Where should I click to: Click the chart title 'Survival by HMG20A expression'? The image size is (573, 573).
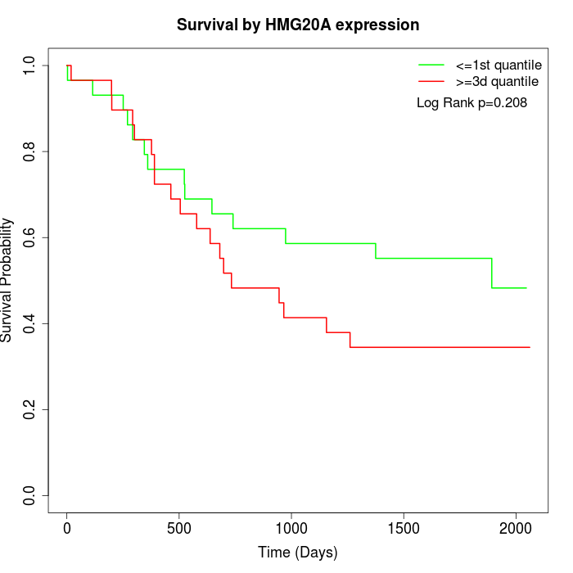[x=298, y=25]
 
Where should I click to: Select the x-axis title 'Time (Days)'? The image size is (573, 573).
[x=298, y=553]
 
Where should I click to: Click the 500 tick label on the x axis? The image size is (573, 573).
[x=179, y=529]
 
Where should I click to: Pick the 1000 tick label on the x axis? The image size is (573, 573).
[x=291, y=529]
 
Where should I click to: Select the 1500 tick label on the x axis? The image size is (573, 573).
[x=404, y=529]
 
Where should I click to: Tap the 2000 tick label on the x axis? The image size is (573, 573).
[x=516, y=529]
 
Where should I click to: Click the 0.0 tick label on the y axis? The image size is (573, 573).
[x=29, y=495]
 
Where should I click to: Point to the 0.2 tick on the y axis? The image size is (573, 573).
[x=29, y=409]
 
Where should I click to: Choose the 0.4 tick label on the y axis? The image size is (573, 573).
[x=29, y=323]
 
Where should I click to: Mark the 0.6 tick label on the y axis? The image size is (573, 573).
[x=29, y=237]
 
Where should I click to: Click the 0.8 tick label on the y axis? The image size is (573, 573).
[x=29, y=151]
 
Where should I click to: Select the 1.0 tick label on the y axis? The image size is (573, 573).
[x=29, y=65]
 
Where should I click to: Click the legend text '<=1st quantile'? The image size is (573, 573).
[x=498, y=65]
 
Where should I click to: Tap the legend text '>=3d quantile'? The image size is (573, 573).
[x=497, y=82]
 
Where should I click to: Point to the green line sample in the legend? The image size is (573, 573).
[x=431, y=65]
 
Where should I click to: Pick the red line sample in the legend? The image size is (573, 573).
[x=431, y=82]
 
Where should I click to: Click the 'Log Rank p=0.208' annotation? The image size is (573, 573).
[x=471, y=103]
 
